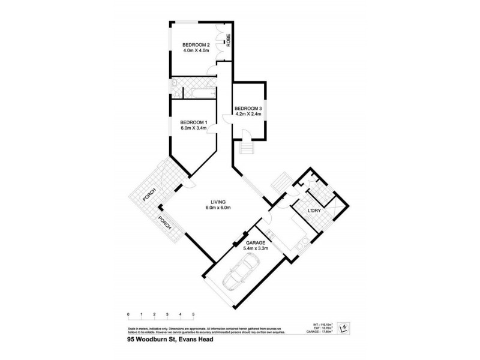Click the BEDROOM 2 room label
196,44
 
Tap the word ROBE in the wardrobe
228,40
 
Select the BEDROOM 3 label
248,109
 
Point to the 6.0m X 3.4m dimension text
193,128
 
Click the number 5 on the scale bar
193,314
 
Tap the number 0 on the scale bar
128,314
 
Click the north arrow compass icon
344,327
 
